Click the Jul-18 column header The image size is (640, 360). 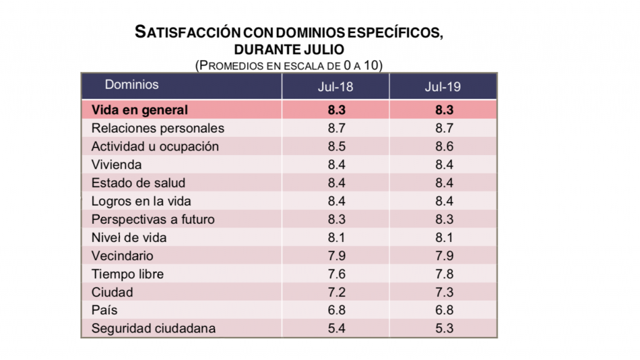pos(335,87)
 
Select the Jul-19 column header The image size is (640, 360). pos(442,87)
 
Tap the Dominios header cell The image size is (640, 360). pos(132,85)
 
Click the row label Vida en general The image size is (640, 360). pos(139,110)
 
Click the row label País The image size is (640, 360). pos(104,310)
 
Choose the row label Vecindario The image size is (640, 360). pos(122,256)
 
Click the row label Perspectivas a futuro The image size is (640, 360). pos(152,219)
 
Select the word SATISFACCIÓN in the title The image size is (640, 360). pos(187,33)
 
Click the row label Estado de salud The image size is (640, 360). pos(138,183)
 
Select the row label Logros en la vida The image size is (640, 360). pos(141,201)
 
